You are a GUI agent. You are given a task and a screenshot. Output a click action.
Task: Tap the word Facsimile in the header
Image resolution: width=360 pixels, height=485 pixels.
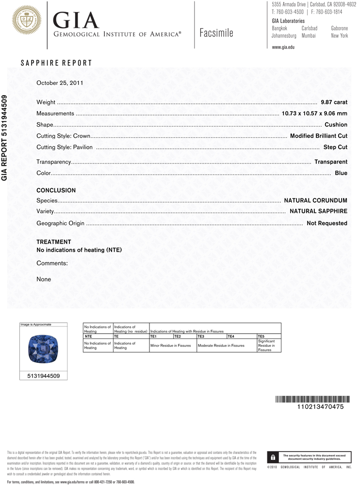tap(216, 33)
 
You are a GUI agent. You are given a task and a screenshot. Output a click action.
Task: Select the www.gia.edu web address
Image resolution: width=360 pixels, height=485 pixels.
tap(283, 47)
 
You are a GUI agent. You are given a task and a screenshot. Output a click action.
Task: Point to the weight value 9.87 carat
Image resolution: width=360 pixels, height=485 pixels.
tap(334, 102)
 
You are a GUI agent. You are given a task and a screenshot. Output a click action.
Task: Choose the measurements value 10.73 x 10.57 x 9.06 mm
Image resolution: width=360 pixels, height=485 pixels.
tap(314, 113)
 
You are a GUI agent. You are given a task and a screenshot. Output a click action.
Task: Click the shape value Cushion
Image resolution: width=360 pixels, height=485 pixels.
tap(336, 125)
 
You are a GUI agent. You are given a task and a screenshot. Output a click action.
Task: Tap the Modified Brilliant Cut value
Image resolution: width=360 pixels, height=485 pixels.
tap(318, 136)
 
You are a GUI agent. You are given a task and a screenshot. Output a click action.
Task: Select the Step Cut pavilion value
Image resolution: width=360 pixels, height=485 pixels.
tap(335, 146)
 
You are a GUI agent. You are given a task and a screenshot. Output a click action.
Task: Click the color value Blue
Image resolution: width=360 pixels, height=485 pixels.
tap(341, 173)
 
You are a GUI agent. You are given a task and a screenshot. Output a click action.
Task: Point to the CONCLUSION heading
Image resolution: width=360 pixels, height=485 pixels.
tap(56, 191)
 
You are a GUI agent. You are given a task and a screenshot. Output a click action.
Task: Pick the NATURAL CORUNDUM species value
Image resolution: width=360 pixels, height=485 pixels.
tap(315, 200)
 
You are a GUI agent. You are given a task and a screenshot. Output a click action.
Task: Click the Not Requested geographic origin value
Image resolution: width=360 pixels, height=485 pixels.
tap(327, 223)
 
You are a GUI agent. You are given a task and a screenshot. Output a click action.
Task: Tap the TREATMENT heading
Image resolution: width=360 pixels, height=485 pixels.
tap(54, 242)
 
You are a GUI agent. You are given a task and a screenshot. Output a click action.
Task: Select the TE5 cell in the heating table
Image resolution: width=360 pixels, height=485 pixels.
tap(262, 336)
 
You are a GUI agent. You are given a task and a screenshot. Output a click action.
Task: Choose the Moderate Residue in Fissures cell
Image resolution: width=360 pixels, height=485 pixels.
tap(221, 345)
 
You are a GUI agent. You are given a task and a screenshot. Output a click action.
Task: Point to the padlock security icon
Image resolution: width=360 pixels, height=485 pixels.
tap(273, 457)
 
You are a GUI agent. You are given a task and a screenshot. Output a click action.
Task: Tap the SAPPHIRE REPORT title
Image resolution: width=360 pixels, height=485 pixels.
tap(56, 63)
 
